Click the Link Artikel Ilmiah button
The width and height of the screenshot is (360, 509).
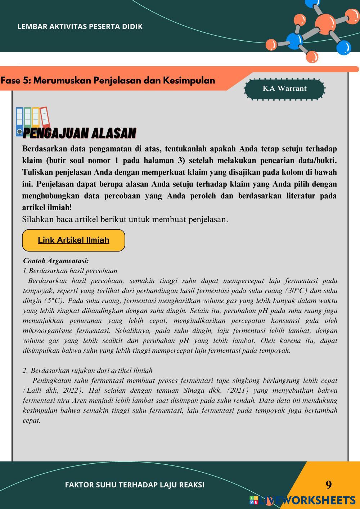[x=73, y=240]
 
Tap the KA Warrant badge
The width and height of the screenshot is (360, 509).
[x=284, y=89]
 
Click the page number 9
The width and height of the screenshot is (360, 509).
[x=328, y=485]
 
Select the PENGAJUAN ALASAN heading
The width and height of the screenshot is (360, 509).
[x=79, y=133]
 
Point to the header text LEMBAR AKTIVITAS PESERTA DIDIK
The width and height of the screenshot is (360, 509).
[x=80, y=27]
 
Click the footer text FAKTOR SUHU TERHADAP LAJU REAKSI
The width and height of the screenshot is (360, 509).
[x=135, y=485]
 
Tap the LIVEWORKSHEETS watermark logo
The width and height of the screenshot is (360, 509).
[x=302, y=500]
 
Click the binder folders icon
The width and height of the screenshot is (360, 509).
[x=32, y=121]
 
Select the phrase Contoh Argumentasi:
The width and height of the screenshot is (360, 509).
[x=56, y=261]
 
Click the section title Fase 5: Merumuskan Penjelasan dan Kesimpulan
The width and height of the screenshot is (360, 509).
[x=108, y=80]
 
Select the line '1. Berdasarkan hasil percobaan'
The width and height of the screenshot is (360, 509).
[x=70, y=271]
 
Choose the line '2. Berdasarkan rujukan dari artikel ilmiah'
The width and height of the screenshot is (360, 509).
[x=87, y=370]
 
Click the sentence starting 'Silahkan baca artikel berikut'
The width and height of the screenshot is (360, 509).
[x=125, y=219]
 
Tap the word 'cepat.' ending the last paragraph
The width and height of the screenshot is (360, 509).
[x=32, y=420]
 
